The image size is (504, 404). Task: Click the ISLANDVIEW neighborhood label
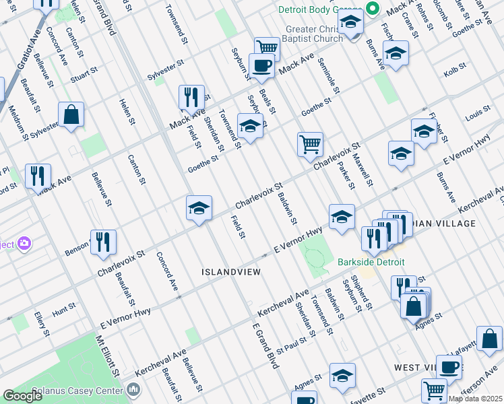pyautogui.click(x=230, y=271)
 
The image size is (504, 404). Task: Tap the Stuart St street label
pyautogui.click(x=84, y=76)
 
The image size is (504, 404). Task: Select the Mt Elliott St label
pyautogui.click(x=108, y=357)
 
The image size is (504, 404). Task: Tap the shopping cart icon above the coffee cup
pyautogui.click(x=267, y=47)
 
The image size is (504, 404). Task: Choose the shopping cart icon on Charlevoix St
pyautogui.click(x=310, y=143)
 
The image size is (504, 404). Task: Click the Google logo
pyautogui.click(x=23, y=396)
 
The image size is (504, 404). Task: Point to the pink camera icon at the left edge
pyautogui.click(x=26, y=243)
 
